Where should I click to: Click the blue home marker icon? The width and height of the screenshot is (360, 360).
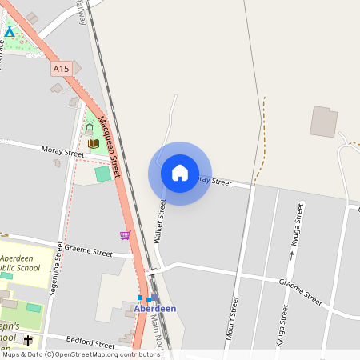coord(180,173)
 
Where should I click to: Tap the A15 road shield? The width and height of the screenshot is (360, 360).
coord(62,70)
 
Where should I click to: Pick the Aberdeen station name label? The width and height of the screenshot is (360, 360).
coord(154,309)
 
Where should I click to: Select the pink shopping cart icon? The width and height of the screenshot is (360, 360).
coord(125,234)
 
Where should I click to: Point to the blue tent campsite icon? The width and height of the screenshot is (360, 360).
coord(10,32)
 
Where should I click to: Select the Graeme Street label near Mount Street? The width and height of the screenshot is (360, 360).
coord(300,292)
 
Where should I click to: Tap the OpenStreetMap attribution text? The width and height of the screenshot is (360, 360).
coord(81,354)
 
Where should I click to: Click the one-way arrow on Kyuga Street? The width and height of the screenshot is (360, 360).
coord(291,254)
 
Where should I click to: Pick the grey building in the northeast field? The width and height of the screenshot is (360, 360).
coord(324,121)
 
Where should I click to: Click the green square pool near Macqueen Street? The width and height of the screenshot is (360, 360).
coord(103,173)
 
